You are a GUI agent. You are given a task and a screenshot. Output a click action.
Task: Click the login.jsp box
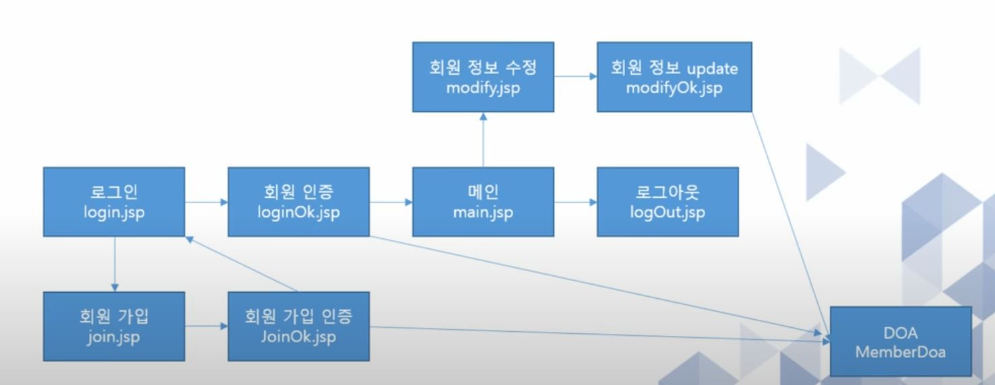(114, 202)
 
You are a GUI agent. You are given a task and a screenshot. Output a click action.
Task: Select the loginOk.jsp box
(298, 202)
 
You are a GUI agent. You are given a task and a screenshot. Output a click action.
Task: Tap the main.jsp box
(483, 202)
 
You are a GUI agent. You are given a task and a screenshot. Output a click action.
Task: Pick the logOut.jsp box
(668, 202)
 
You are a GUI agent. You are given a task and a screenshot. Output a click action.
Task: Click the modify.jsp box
(483, 77)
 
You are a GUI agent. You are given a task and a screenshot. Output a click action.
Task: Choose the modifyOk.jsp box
(674, 77)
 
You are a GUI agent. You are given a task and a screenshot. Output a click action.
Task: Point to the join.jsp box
(114, 326)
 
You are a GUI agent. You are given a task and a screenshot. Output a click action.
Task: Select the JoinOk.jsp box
(298, 326)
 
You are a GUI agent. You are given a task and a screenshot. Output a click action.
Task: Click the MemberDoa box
(901, 341)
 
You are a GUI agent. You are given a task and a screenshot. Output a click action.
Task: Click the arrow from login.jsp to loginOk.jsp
(207, 202)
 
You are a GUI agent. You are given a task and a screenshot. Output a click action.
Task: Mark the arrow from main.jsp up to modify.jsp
(483, 139)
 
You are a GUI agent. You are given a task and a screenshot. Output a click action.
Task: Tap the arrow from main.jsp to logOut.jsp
(576, 202)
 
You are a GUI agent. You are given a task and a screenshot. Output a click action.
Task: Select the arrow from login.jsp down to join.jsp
(115, 265)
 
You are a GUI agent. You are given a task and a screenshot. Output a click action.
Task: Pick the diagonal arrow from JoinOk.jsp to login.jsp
(241, 265)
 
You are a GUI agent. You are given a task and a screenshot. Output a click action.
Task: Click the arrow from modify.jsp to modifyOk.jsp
(576, 76)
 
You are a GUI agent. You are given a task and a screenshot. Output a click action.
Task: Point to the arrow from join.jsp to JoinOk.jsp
(207, 326)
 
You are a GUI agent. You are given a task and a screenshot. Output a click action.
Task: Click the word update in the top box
(713, 69)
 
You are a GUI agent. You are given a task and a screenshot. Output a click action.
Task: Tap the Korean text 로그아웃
(668, 192)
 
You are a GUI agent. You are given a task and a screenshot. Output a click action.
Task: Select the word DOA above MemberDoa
(901, 333)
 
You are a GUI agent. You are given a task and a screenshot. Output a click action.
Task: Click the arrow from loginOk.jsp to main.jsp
(391, 202)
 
